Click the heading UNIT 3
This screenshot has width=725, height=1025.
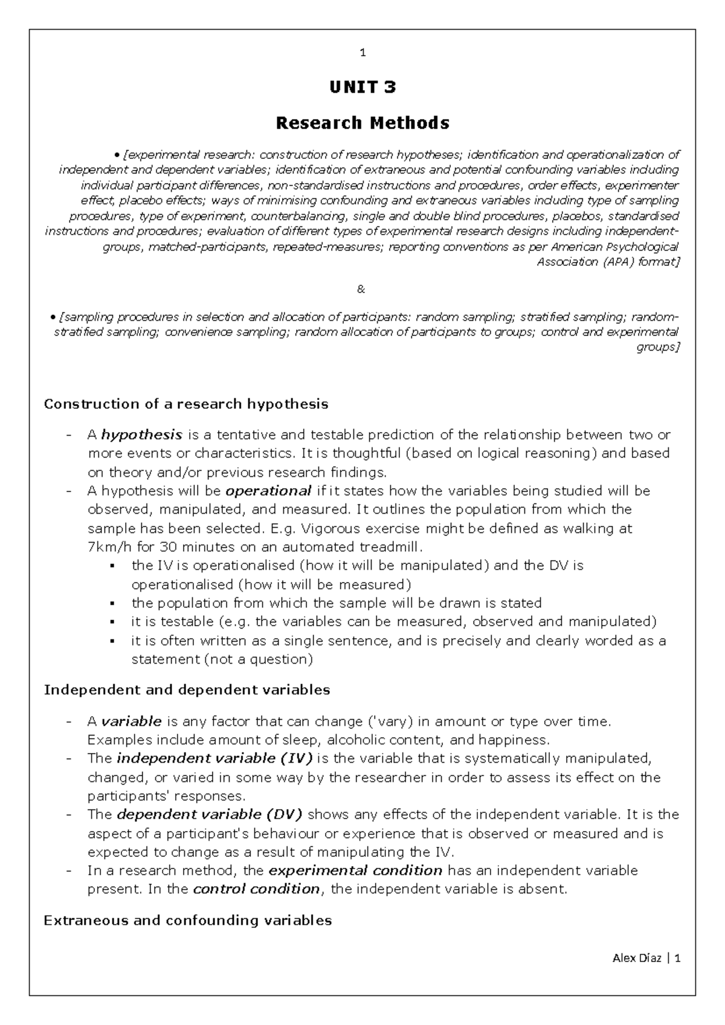[362, 88]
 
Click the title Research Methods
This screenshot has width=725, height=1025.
[362, 123]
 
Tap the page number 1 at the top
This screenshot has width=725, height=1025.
[362, 53]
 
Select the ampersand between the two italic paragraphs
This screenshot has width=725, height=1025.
[361, 289]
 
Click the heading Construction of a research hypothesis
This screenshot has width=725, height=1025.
[186, 404]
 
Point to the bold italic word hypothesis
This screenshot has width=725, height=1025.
[141, 435]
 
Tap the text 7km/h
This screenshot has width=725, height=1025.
[105, 547]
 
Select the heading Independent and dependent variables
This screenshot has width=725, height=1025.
[187, 690]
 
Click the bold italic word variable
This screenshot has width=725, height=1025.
[131, 721]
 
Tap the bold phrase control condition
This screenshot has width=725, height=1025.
[256, 890]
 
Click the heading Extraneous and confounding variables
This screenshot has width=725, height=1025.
[188, 921]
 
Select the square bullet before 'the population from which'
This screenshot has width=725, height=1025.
[112, 604]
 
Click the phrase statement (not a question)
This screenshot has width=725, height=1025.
[222, 659]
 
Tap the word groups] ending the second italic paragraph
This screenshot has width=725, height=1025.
[658, 348]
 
